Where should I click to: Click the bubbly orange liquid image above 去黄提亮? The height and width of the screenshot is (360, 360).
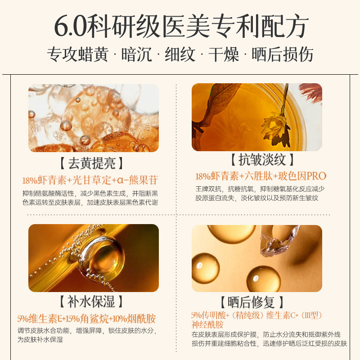point(94,118)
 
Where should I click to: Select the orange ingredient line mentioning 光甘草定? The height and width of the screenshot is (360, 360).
point(90,180)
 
